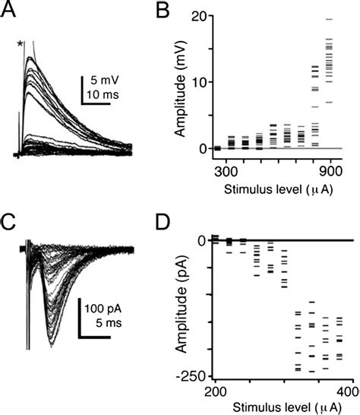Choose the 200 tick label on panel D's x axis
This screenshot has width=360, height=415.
point(216,391)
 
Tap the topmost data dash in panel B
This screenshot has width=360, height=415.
point(329,19)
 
